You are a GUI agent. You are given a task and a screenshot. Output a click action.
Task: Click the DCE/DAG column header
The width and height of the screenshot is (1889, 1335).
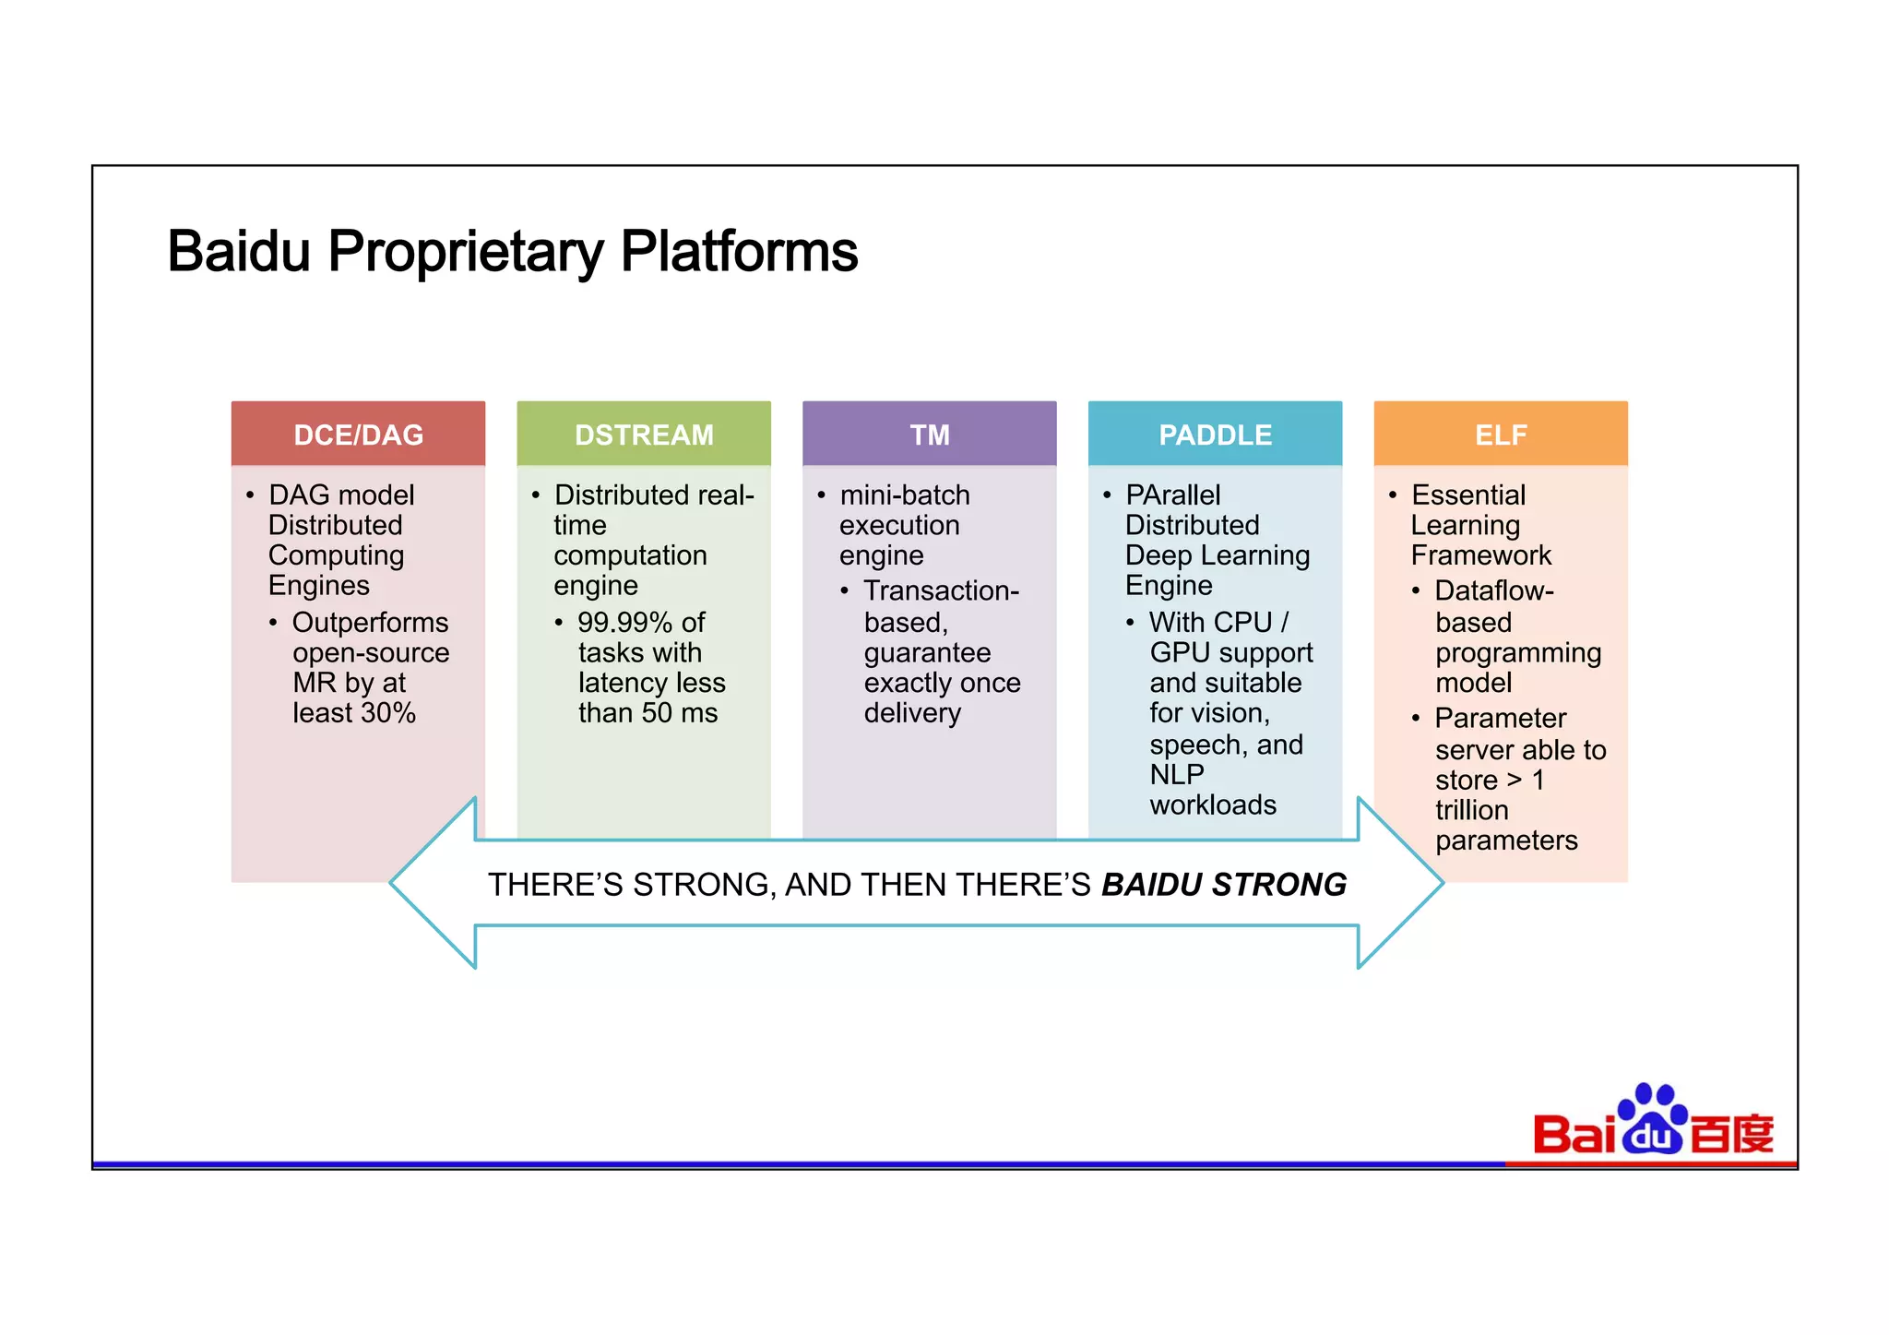[358, 435]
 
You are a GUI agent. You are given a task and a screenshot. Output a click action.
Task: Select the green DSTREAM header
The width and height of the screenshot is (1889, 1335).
[644, 435]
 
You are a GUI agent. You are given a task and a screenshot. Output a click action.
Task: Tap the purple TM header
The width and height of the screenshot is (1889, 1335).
[929, 435]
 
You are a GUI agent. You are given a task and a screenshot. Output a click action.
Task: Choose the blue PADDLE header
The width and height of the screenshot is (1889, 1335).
[1215, 435]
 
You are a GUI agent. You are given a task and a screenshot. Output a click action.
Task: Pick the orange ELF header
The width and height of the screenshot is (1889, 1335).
[1501, 435]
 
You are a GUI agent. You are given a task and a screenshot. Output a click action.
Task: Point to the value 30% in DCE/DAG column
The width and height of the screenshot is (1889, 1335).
[388, 713]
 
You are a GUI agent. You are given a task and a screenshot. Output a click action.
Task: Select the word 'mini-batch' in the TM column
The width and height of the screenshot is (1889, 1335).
[905, 495]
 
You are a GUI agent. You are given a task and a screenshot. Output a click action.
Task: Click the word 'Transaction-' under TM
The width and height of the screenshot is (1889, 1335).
[941, 590]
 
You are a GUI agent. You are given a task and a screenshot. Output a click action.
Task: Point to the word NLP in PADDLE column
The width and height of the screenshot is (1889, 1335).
[1176, 774]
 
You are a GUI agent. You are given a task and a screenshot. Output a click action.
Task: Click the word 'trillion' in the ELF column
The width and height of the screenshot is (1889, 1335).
[1471, 810]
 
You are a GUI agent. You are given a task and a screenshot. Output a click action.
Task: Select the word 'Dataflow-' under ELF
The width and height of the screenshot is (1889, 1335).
[1494, 590]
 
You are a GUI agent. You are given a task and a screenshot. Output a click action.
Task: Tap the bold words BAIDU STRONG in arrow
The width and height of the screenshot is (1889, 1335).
[1224, 885]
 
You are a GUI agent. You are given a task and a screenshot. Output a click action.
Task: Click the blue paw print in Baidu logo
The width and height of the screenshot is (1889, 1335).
[1652, 1118]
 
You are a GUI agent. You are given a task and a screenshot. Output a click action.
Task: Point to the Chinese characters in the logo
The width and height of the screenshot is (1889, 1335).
[1731, 1134]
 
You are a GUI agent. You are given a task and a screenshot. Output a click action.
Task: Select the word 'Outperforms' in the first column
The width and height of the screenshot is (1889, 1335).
[370, 623]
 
